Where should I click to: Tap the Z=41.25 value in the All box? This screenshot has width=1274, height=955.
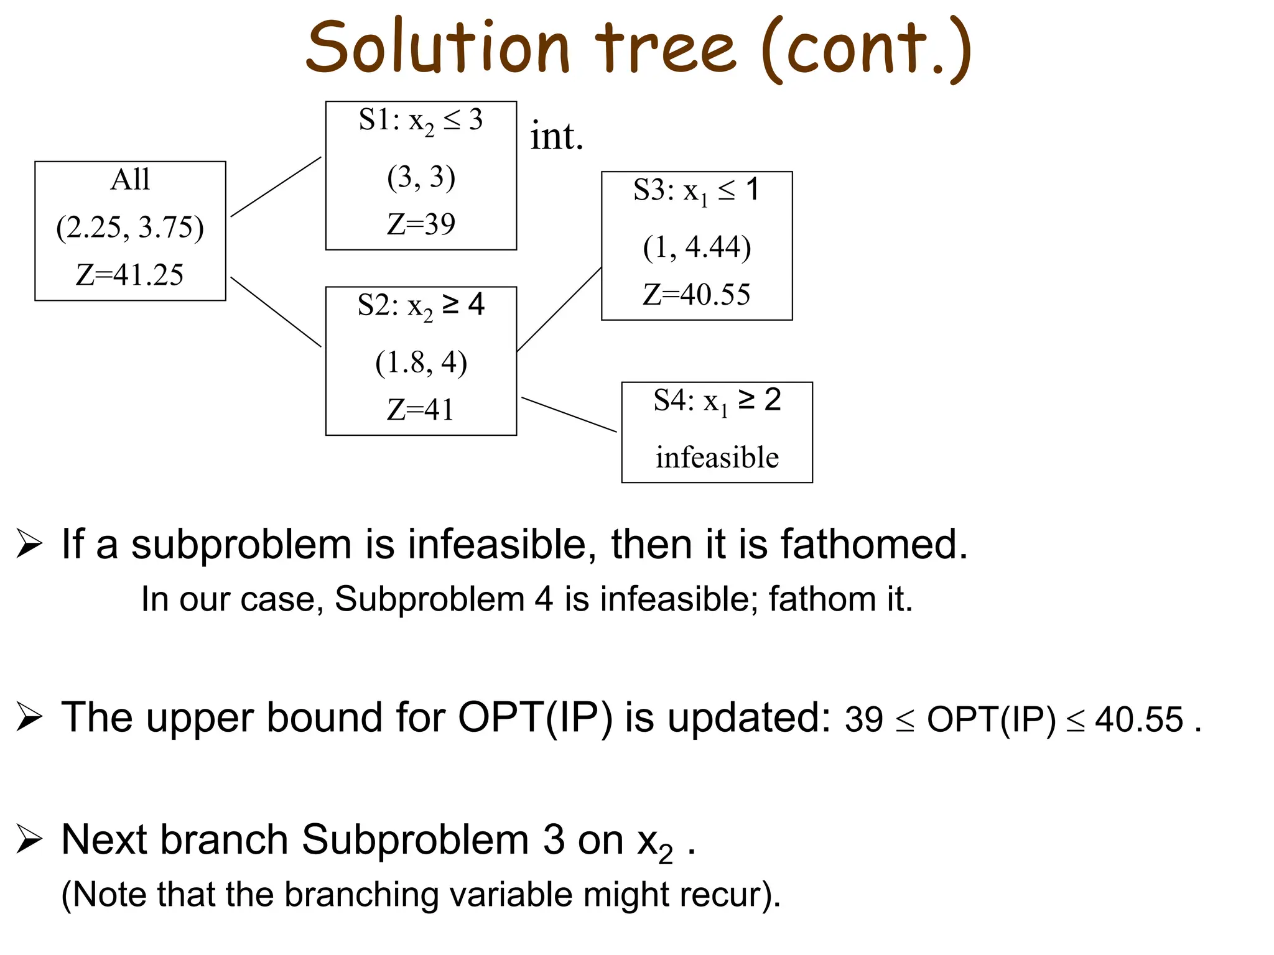(130, 275)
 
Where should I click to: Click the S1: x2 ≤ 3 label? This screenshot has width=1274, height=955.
(421, 120)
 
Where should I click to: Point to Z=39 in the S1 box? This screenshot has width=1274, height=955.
(421, 224)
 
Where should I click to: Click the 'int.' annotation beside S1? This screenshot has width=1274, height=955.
(557, 137)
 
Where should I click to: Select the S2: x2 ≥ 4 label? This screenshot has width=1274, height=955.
(421, 305)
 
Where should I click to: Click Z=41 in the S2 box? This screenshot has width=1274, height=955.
(421, 410)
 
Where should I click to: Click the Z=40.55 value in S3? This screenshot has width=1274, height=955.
(697, 295)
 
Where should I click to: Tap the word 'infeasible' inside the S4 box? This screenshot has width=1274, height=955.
(717, 458)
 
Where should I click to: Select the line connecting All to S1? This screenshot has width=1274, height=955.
(276, 187)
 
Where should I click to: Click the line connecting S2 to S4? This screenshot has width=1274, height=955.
(569, 415)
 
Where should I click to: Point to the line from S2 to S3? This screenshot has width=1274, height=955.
(559, 310)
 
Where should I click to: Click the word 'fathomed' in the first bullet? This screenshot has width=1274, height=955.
(873, 545)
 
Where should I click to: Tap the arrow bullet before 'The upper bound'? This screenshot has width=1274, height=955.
(29, 717)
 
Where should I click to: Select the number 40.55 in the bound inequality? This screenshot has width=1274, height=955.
(1138, 720)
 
